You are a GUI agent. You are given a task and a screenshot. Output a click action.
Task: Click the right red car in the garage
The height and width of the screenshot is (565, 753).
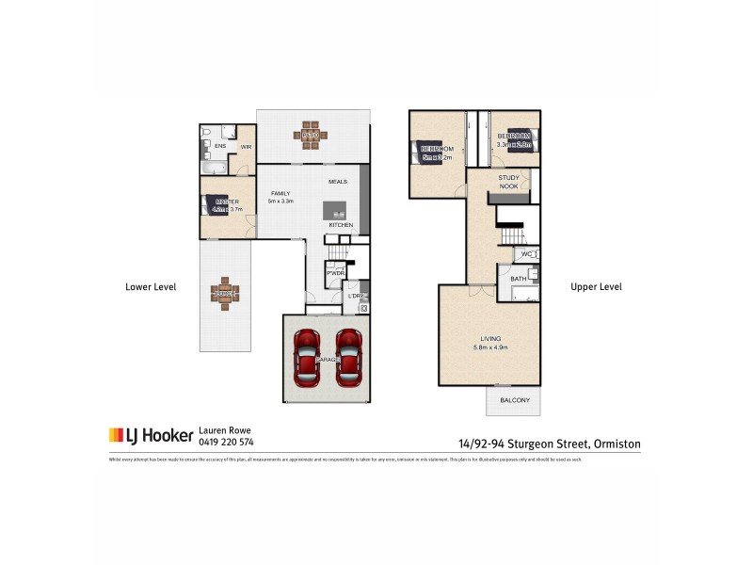point(349,358)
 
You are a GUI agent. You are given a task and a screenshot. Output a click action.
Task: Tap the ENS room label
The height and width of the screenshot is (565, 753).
point(219,147)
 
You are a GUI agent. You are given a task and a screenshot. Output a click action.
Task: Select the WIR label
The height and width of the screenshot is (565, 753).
point(246,147)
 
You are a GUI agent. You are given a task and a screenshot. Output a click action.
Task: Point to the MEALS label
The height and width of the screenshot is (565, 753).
point(338,181)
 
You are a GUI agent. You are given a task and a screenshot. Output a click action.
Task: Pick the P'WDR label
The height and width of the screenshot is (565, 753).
point(334,273)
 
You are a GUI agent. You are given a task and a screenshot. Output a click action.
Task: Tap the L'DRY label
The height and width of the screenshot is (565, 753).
point(356,297)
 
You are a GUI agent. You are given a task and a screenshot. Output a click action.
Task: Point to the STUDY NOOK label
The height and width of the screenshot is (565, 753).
point(509,181)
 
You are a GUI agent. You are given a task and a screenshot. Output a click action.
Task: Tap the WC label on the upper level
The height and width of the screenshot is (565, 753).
point(526,254)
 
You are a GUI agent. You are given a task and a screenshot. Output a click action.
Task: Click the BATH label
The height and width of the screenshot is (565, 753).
point(518,279)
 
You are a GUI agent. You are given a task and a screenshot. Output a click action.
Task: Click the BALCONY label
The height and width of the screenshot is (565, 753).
point(514,400)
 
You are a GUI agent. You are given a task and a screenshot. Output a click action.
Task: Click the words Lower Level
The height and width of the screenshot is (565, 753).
point(152,286)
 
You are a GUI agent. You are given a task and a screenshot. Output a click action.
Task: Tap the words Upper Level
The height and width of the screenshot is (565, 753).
point(596,286)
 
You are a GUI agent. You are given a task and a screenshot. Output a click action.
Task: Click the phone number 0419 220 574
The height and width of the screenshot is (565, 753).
point(226,441)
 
